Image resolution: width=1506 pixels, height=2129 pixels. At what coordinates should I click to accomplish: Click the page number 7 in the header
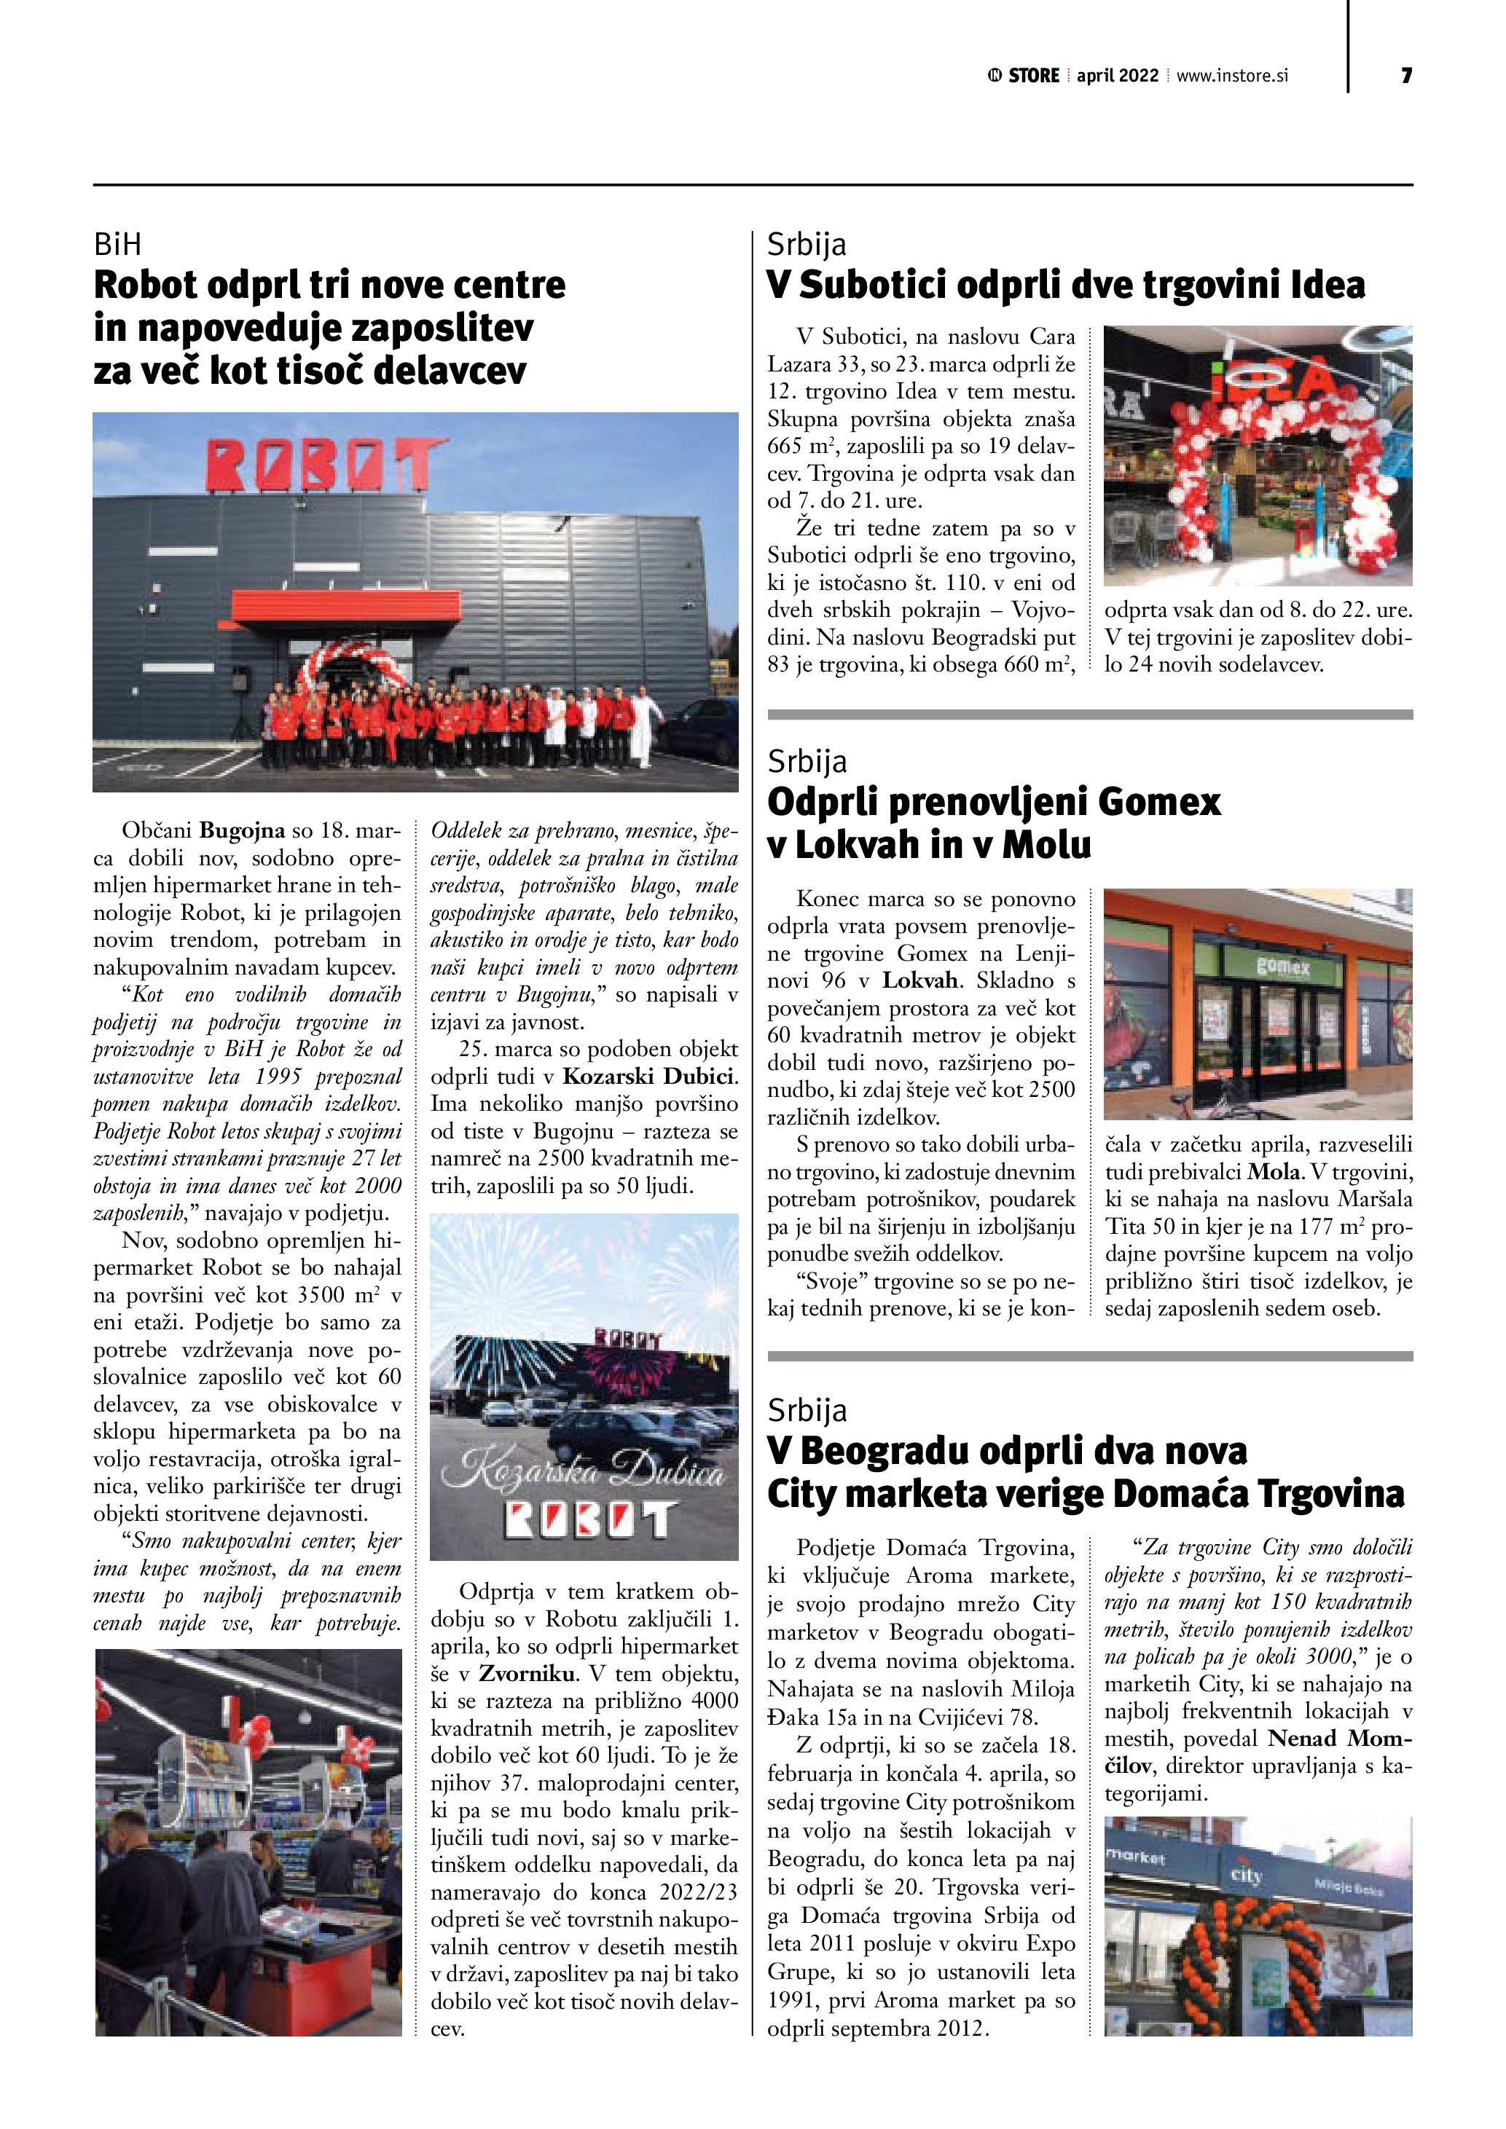(1406, 76)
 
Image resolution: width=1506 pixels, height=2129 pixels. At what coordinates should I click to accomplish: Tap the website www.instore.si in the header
(1233, 76)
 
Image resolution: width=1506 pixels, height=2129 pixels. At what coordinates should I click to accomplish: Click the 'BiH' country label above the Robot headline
(118, 245)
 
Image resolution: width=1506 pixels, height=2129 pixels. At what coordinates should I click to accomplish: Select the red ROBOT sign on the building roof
(324, 465)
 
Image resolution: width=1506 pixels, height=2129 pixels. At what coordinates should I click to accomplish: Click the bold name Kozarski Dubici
(649, 1077)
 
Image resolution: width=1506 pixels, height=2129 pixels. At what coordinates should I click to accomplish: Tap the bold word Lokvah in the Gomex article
(919, 981)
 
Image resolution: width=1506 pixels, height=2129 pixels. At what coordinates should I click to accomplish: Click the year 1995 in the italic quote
(280, 1077)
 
